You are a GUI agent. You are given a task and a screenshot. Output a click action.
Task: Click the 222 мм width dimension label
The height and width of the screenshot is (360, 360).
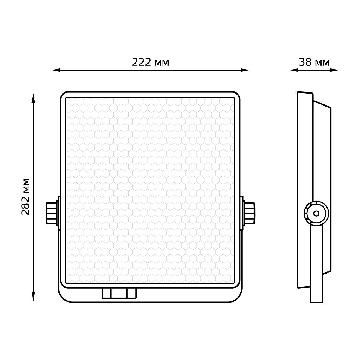click(x=150, y=62)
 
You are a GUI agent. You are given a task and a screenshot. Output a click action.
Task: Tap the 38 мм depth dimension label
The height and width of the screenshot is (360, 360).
click(x=314, y=62)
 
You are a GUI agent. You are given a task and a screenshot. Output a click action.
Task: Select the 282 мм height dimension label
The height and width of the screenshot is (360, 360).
click(x=25, y=197)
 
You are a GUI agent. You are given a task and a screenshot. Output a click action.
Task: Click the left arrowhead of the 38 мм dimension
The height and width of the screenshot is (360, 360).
click(x=293, y=70)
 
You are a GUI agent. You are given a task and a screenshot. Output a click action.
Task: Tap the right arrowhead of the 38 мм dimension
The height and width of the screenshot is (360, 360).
click(x=335, y=70)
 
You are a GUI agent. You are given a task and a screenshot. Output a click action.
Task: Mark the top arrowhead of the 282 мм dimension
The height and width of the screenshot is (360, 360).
click(x=33, y=98)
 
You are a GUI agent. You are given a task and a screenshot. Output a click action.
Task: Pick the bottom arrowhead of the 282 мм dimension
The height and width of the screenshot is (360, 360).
click(x=33, y=296)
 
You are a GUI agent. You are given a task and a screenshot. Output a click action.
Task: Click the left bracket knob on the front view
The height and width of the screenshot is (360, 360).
click(x=52, y=213)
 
